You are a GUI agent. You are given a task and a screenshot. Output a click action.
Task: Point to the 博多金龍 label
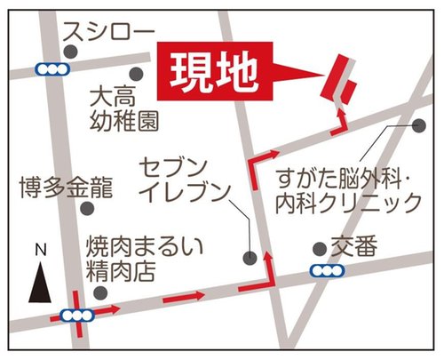click(x=67, y=188)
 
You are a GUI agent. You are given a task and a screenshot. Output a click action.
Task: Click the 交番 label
click(x=354, y=245)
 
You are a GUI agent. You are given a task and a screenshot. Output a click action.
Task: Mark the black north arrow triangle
click(x=40, y=282)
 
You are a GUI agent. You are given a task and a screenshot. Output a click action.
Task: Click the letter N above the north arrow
click(x=40, y=251)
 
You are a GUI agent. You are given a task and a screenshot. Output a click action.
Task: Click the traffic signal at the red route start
click(x=76, y=314)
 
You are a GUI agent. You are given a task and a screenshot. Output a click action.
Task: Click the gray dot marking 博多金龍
click(x=87, y=209)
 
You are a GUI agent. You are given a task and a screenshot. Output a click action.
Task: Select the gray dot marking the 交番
click(x=320, y=249)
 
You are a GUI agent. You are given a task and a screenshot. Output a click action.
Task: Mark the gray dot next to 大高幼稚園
click(x=136, y=74)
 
